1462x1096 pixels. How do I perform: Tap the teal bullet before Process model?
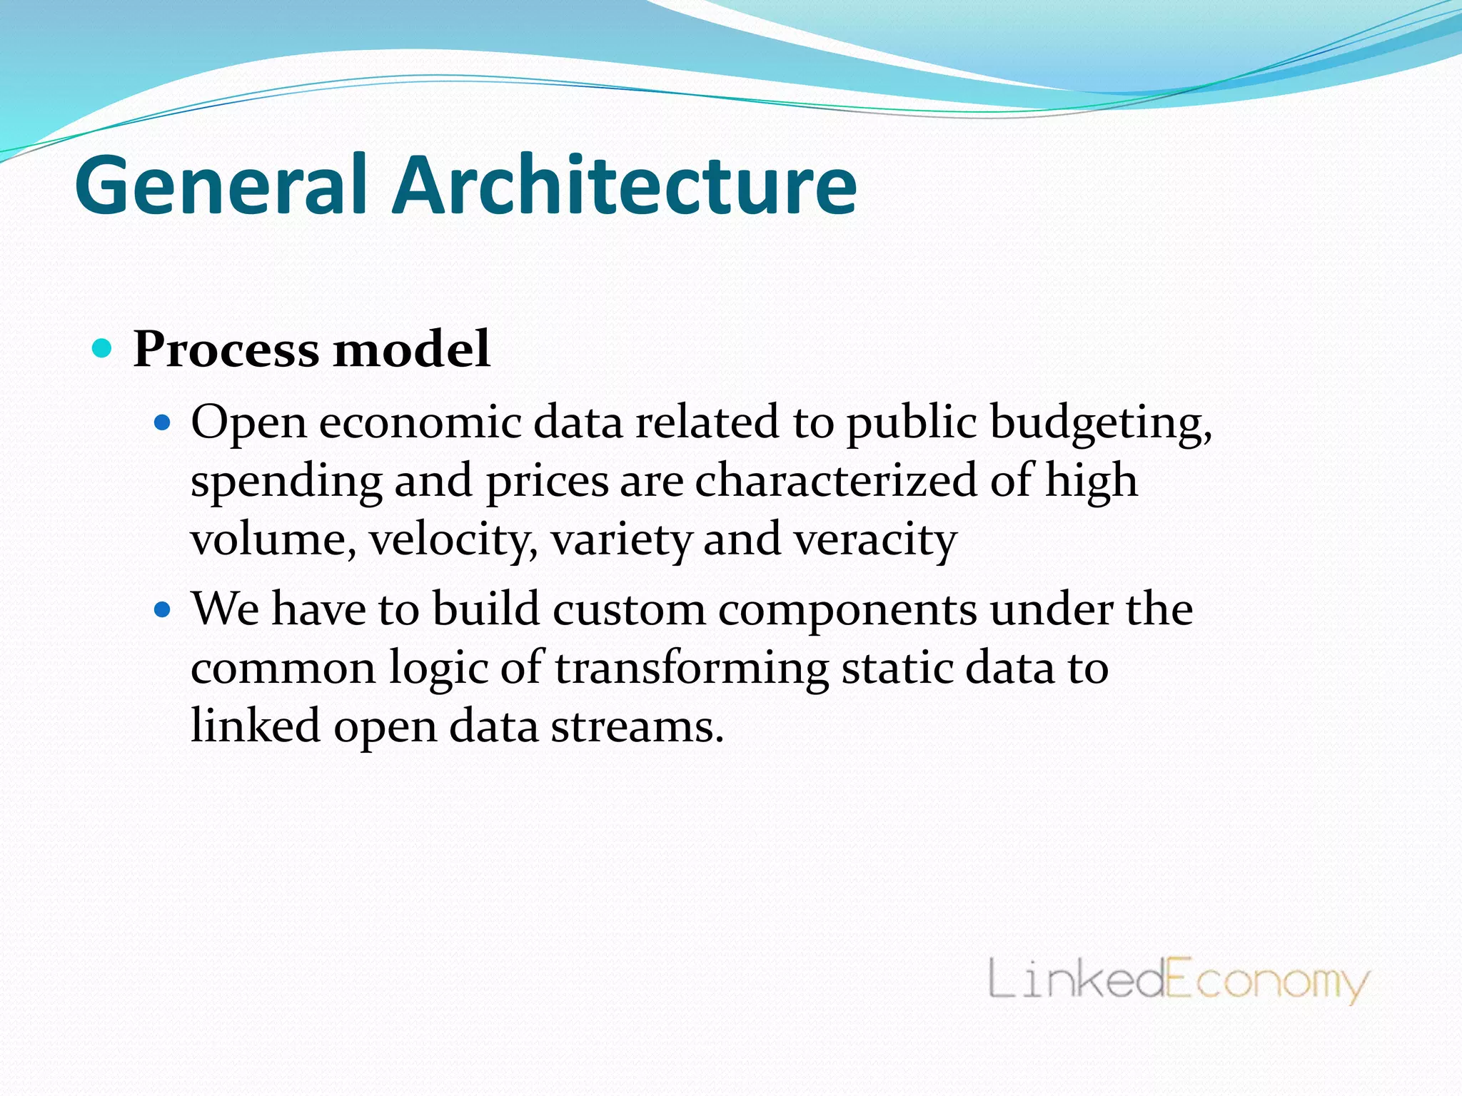103,349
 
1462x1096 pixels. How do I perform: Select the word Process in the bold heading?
226,350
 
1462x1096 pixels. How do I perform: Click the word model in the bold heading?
412,349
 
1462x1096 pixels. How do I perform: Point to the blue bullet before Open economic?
163,423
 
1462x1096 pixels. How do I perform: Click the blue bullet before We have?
163,610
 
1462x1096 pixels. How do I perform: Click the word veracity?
875,540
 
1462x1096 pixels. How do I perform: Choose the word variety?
621,540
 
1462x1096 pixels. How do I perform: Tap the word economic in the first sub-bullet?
420,423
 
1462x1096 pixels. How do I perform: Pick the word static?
897,669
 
